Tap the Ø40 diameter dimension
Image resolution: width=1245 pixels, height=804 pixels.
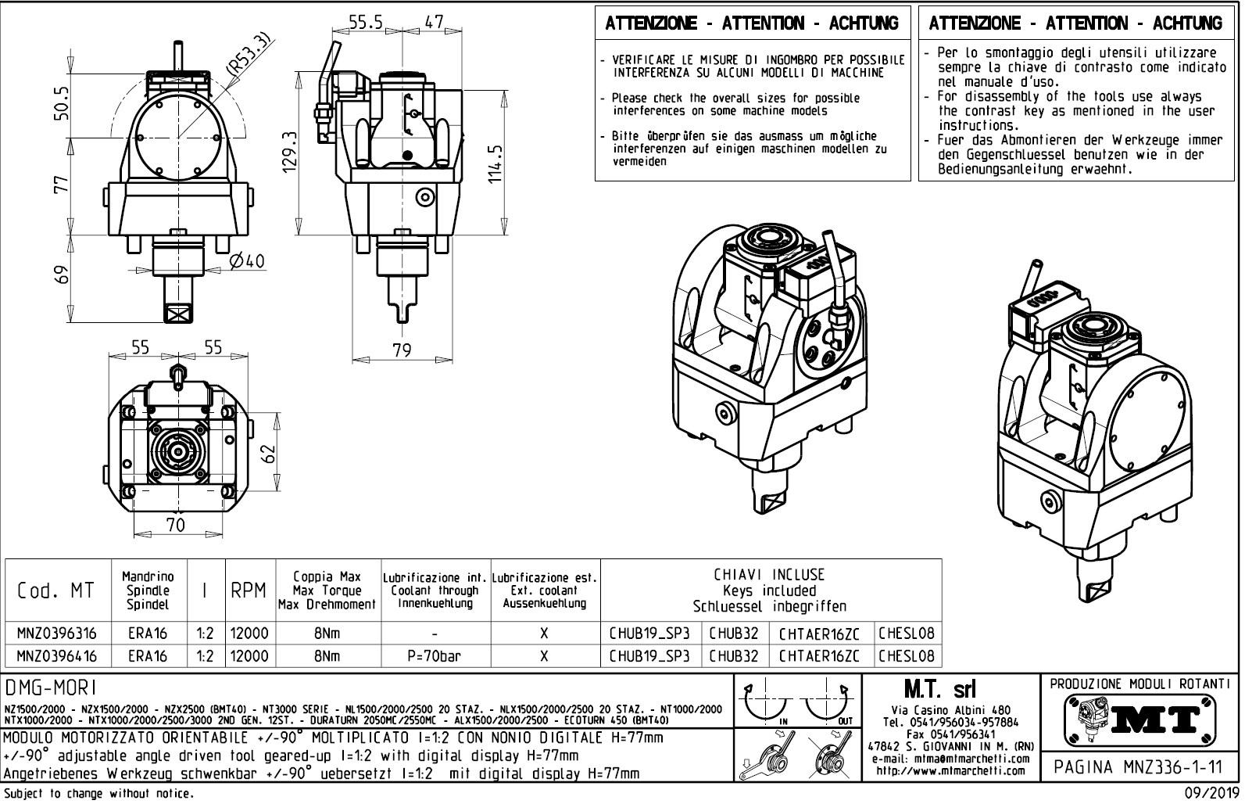pos(248,260)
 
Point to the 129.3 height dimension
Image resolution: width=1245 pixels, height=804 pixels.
pos(290,151)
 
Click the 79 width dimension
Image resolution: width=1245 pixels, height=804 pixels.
pos(401,350)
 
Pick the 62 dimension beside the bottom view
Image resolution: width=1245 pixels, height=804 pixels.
pos(270,453)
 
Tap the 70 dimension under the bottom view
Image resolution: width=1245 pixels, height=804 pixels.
pos(175,525)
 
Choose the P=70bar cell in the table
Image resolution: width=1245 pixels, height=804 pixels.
pos(435,656)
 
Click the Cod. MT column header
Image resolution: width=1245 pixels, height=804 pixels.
pos(55,591)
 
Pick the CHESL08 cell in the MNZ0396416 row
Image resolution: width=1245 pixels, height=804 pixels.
pos(906,656)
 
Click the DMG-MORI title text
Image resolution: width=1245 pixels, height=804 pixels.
pos(50,687)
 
